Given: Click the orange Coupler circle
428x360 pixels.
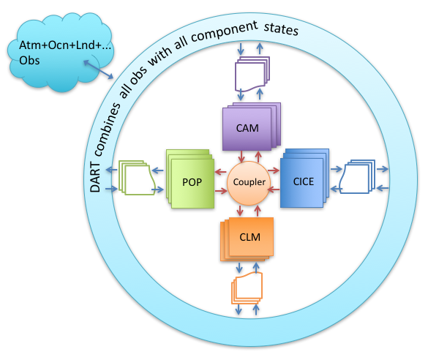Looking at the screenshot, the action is (x=249, y=183).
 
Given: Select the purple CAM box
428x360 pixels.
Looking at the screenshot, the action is (x=251, y=127).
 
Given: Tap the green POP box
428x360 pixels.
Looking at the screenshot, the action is (x=190, y=179).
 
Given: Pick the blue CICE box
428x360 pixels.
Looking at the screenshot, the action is (x=304, y=179).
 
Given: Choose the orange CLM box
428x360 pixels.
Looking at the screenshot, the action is (x=247, y=239).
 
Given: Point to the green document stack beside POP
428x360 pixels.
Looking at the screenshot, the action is (x=137, y=178).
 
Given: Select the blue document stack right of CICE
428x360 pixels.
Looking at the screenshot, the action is (x=357, y=176).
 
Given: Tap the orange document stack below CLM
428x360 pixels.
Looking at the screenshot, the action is (x=247, y=288).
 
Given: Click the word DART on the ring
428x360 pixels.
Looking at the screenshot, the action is (x=95, y=177).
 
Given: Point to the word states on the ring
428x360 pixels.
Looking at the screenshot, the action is (x=281, y=29).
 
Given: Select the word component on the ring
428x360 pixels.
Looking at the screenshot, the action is (x=224, y=31).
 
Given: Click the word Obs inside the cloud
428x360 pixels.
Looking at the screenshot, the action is (x=29, y=60).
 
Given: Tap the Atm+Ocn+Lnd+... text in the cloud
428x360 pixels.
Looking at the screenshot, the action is (x=65, y=45).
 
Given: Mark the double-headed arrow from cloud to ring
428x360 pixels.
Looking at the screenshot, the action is (x=98, y=70).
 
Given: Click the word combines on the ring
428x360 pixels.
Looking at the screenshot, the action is (x=108, y=130).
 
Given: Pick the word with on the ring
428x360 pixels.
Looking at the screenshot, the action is (x=159, y=57).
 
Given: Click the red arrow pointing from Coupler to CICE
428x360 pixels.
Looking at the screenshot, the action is (x=274, y=171).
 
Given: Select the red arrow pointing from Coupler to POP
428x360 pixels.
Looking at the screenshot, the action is (x=220, y=172).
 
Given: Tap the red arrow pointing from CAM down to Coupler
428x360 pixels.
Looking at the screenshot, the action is (x=241, y=157).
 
